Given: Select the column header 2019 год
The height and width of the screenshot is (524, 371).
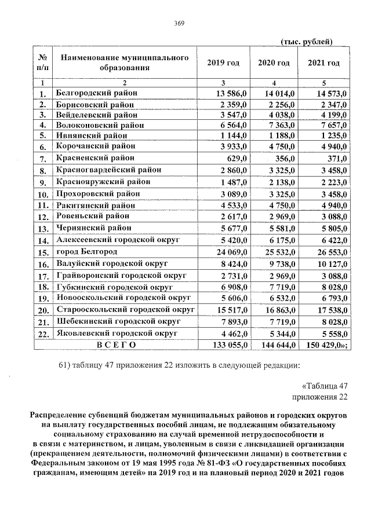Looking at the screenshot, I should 223,63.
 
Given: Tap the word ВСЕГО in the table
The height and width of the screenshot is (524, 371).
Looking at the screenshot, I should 116,345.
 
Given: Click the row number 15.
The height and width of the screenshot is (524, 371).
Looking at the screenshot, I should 42,252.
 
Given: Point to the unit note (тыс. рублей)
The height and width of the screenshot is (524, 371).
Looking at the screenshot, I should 305,42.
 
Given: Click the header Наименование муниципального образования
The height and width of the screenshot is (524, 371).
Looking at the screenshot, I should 125,63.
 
